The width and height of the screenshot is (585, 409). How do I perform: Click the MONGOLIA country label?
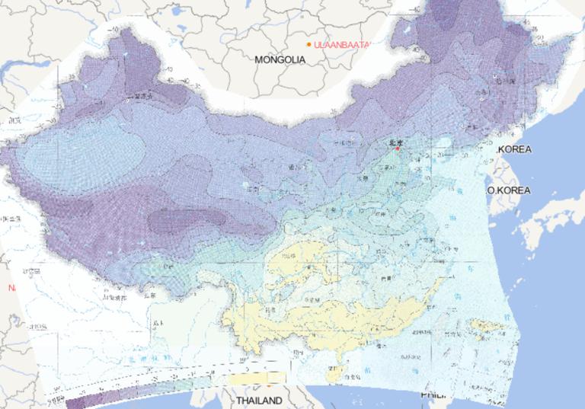[280, 59]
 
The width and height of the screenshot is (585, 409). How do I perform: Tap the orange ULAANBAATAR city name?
[340, 45]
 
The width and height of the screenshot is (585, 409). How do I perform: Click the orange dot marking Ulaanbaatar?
[308, 45]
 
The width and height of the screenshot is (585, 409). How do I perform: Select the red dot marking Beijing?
[397, 149]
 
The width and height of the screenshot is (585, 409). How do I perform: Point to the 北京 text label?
[395, 142]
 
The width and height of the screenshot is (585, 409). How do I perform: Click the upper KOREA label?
[515, 149]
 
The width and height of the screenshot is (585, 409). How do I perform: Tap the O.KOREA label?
[510, 190]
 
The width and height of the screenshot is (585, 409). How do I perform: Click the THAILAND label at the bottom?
[258, 400]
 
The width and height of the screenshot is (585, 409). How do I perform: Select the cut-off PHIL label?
[431, 396]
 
